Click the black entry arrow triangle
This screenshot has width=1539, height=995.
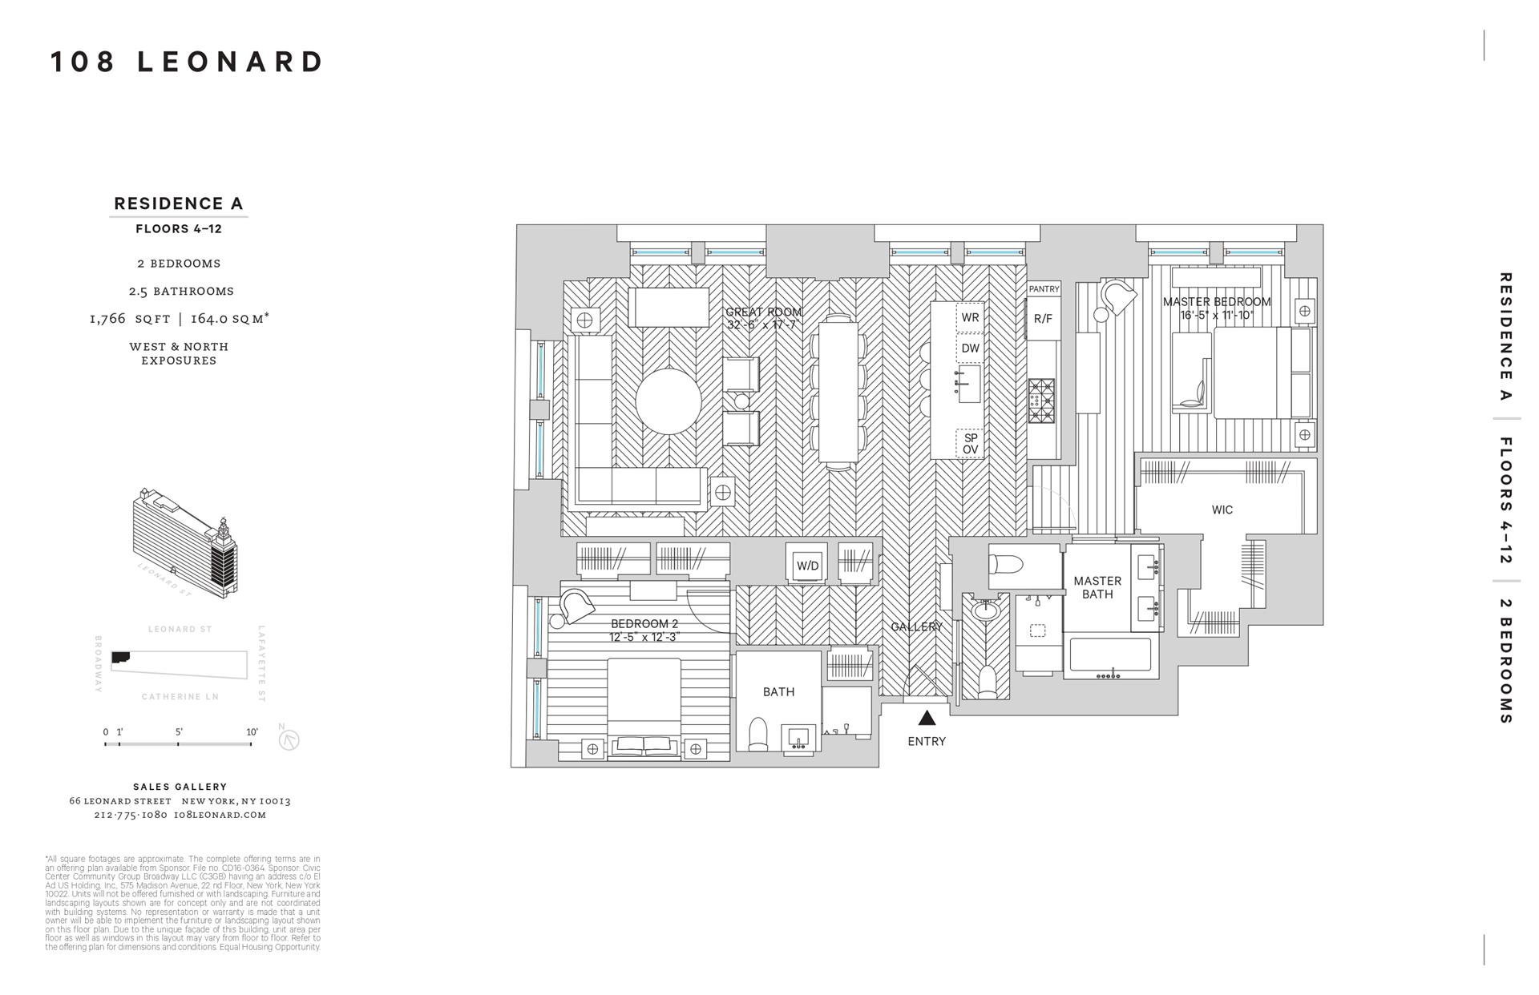tap(927, 718)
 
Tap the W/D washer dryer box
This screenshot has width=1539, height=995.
tap(807, 566)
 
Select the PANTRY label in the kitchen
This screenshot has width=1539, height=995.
tap(1044, 289)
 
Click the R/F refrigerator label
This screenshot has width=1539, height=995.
tap(1043, 319)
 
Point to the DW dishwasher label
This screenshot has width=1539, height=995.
tap(970, 348)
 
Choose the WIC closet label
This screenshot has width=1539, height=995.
tap(1222, 510)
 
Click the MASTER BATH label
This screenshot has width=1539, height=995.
tap(1097, 587)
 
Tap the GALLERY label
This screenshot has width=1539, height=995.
tap(916, 627)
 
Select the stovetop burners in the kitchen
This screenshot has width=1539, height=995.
tap(1042, 401)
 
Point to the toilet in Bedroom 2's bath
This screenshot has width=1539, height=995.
tap(757, 734)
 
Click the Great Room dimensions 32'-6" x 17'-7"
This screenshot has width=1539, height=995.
tap(763, 325)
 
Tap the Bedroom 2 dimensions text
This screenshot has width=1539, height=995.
tap(644, 638)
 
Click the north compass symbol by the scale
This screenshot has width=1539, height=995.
tap(289, 739)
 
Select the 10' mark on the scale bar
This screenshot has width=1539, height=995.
tap(252, 732)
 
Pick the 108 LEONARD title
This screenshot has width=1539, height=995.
tap(187, 62)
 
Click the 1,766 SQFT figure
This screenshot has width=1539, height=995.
tap(129, 319)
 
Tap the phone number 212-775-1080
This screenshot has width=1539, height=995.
tap(130, 815)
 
